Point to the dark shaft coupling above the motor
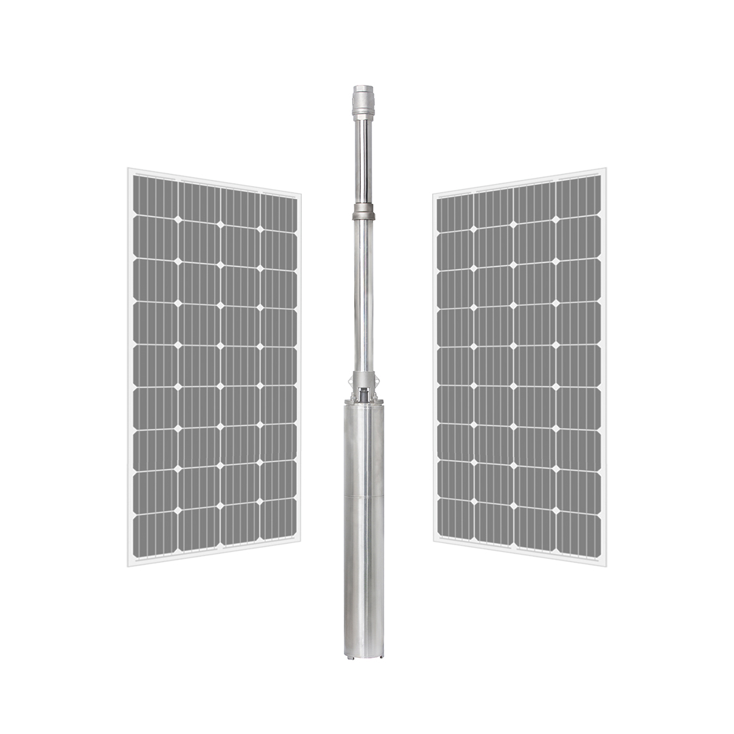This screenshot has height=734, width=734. point(364,394)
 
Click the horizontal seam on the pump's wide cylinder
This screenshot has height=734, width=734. point(364,497)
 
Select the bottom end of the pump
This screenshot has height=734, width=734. point(364,653)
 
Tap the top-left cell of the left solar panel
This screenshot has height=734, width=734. point(155,196)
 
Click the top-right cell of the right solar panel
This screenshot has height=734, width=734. point(579,196)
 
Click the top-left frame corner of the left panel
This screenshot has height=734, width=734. point(130,170)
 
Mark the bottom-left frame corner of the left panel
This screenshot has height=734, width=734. point(130,563)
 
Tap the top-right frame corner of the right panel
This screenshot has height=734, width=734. point(604,170)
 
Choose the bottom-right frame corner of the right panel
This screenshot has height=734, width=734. point(604,563)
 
